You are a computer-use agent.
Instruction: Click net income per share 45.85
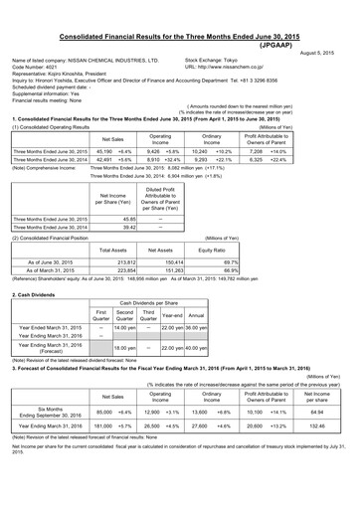pyautogui.click(x=107, y=218)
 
